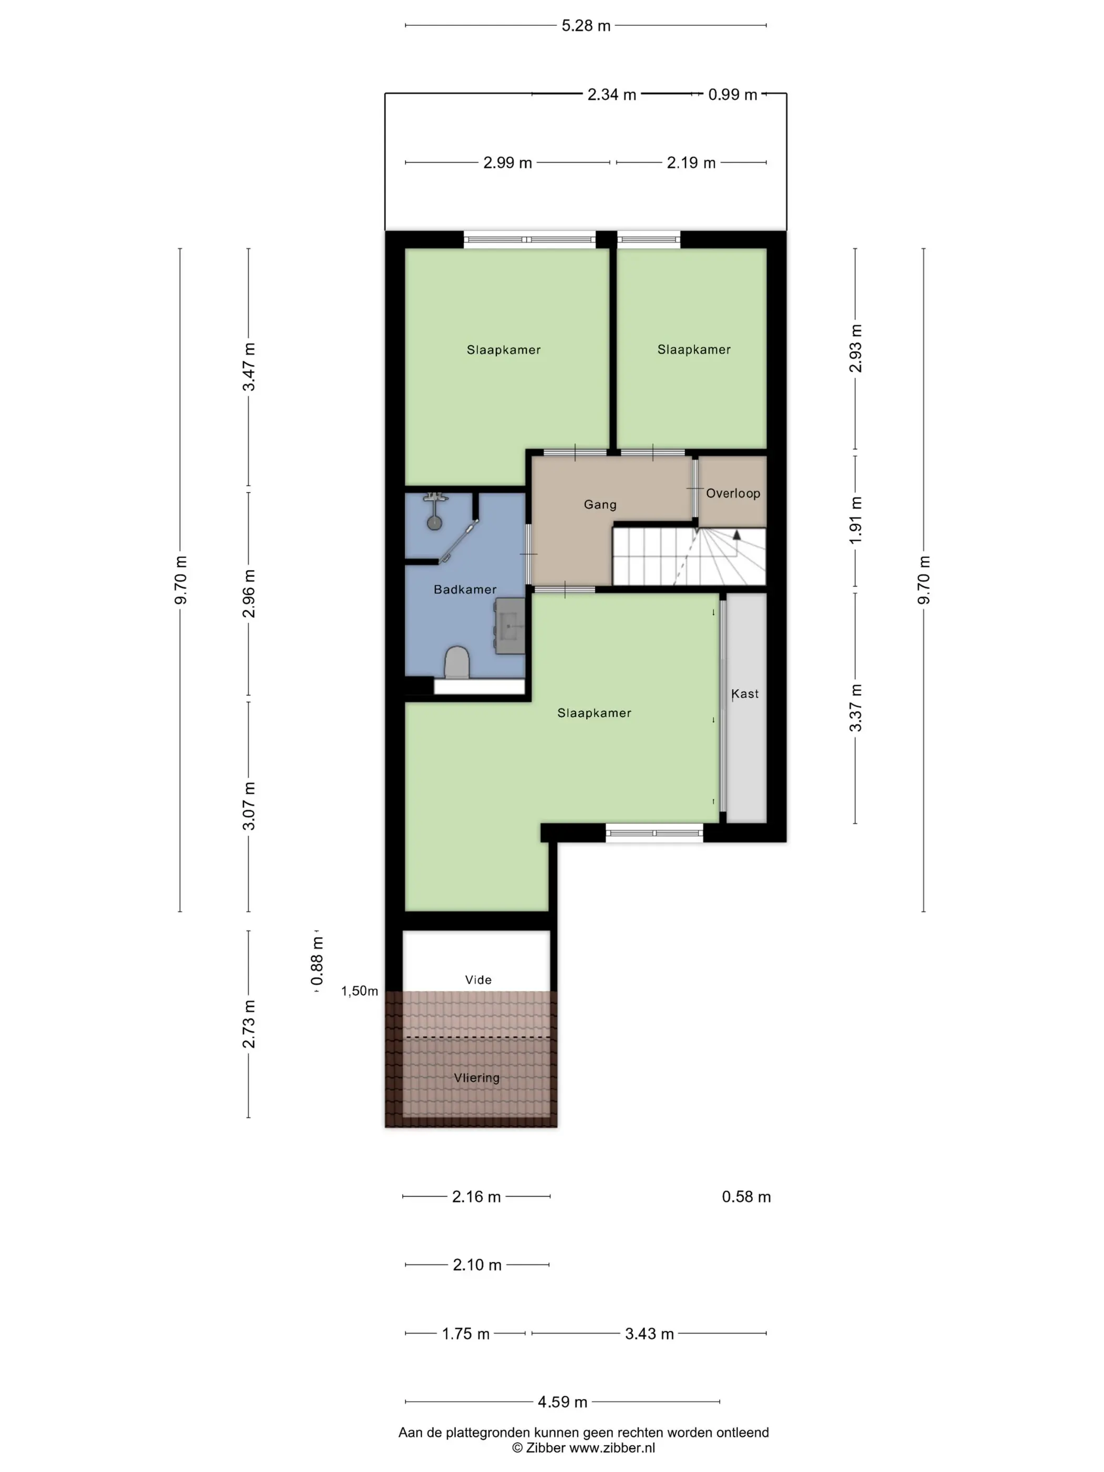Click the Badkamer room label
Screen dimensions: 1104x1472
[465, 590]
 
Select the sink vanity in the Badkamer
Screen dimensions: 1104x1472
[510, 626]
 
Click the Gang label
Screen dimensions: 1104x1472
[600, 504]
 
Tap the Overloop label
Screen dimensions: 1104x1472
[733, 493]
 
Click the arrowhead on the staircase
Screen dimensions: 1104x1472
[737, 534]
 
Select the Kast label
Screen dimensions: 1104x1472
[744, 693]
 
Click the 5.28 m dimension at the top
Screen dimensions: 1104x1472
[586, 26]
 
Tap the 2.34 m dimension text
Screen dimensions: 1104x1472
[611, 95]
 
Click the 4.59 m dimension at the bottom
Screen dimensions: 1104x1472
[563, 1402]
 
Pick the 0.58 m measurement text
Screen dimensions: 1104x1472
[746, 1197]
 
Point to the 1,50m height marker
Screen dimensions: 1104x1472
[360, 991]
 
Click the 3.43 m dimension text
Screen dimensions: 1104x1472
[649, 1334]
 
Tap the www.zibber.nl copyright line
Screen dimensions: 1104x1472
[584, 1448]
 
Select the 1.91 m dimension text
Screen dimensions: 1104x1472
[855, 520]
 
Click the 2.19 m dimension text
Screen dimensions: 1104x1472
[691, 163]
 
